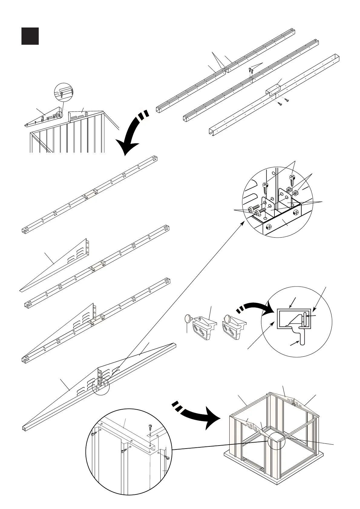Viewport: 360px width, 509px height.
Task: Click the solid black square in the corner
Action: coord(30,36)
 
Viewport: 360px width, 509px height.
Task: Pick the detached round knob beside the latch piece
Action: coord(188,318)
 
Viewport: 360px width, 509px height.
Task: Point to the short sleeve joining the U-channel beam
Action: coord(273,89)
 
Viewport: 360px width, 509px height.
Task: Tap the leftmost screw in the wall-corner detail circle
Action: coord(93,434)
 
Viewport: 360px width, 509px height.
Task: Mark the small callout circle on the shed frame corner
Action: coord(276,441)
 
